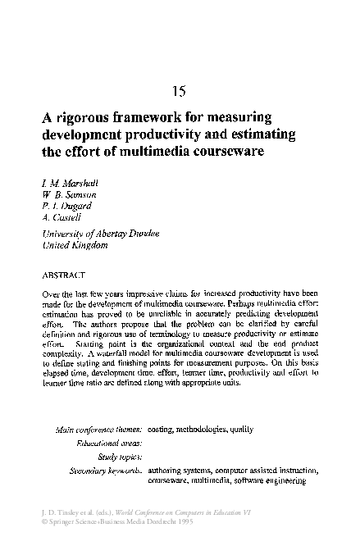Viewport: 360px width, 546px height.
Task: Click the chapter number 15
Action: click(x=180, y=91)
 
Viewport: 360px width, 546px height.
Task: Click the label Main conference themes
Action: click(x=98, y=430)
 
